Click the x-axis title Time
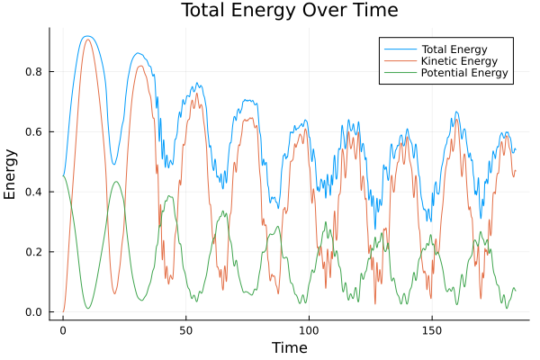pos(289,348)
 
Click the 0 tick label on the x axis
pos(63,330)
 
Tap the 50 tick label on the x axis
pos(185,330)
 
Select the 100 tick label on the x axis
pos(309,330)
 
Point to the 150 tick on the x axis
pos(431,330)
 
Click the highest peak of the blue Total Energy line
pos(86,36)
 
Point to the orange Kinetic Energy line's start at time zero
pos(63,311)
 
